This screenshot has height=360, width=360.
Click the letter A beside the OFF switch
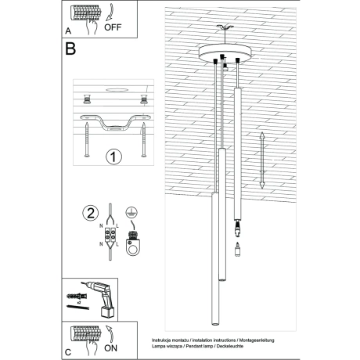tap(68, 32)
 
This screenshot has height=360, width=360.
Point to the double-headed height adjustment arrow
tap(261, 160)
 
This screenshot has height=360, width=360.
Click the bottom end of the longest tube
tap(211, 322)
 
